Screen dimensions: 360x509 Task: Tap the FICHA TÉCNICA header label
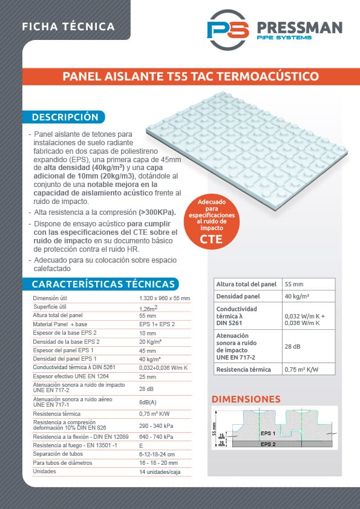pos(68,27)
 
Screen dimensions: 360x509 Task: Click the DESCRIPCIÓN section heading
pos(65,117)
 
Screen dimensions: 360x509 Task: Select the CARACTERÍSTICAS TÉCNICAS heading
pos(103,284)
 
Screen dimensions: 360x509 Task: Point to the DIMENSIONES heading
pos(246,399)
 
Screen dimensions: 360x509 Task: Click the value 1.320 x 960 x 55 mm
pos(164,298)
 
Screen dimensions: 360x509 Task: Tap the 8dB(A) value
pos(148,401)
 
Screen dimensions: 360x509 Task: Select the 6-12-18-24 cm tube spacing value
pos(157,454)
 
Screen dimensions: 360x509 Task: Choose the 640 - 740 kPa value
pos(157,436)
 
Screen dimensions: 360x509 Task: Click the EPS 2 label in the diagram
pos(268,444)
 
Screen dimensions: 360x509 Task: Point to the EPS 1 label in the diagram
pos(267,433)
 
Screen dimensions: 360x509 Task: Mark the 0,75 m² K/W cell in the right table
pos(301,369)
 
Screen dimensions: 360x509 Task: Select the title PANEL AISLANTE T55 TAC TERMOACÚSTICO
pos(191,77)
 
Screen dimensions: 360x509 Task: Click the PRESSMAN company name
pos(299,28)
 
